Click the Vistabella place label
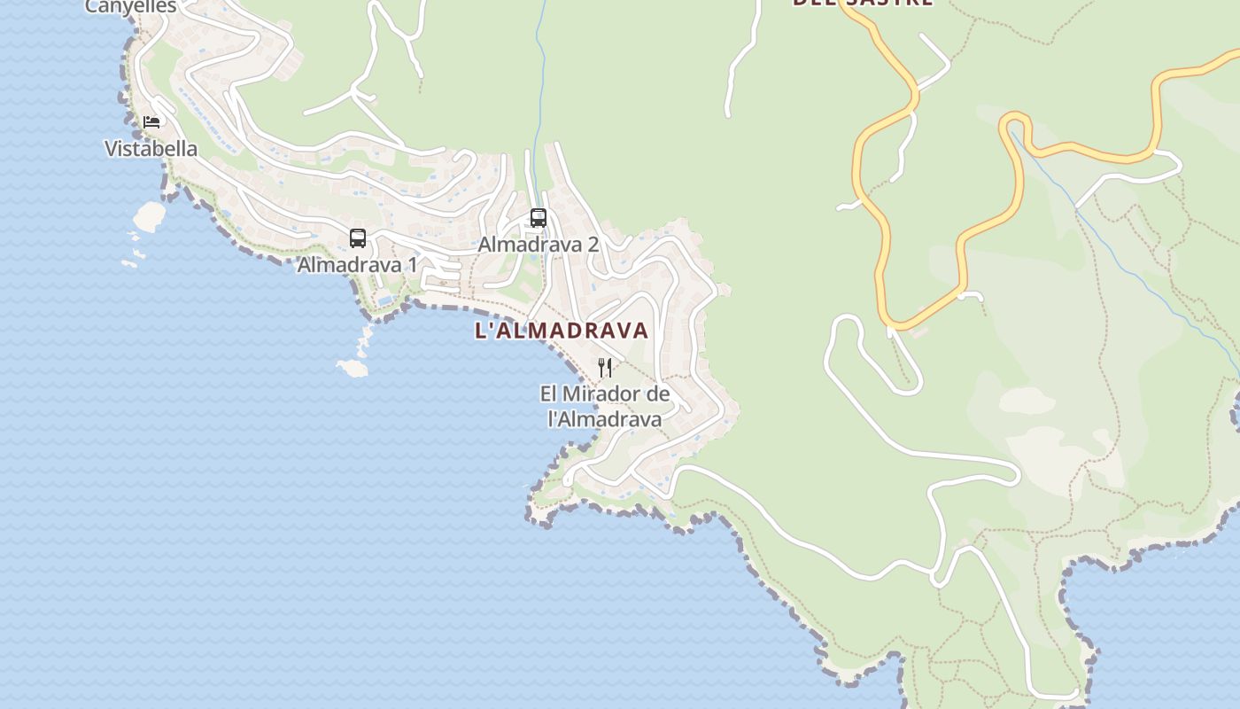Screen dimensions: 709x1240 151,149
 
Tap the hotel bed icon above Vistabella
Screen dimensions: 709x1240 151,121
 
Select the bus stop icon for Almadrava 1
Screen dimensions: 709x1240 358,238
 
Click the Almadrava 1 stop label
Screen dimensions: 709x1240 357,264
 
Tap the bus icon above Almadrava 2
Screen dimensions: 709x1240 539,217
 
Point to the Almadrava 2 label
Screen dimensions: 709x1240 539,244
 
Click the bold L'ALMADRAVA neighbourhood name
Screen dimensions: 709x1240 562,331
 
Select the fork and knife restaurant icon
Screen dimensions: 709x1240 605,367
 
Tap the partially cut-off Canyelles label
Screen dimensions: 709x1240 131,6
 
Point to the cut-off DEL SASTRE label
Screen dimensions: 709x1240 862,3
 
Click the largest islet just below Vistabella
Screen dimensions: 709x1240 149,214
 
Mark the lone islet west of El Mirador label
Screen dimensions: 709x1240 353,368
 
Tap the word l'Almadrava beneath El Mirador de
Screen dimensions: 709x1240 605,418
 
